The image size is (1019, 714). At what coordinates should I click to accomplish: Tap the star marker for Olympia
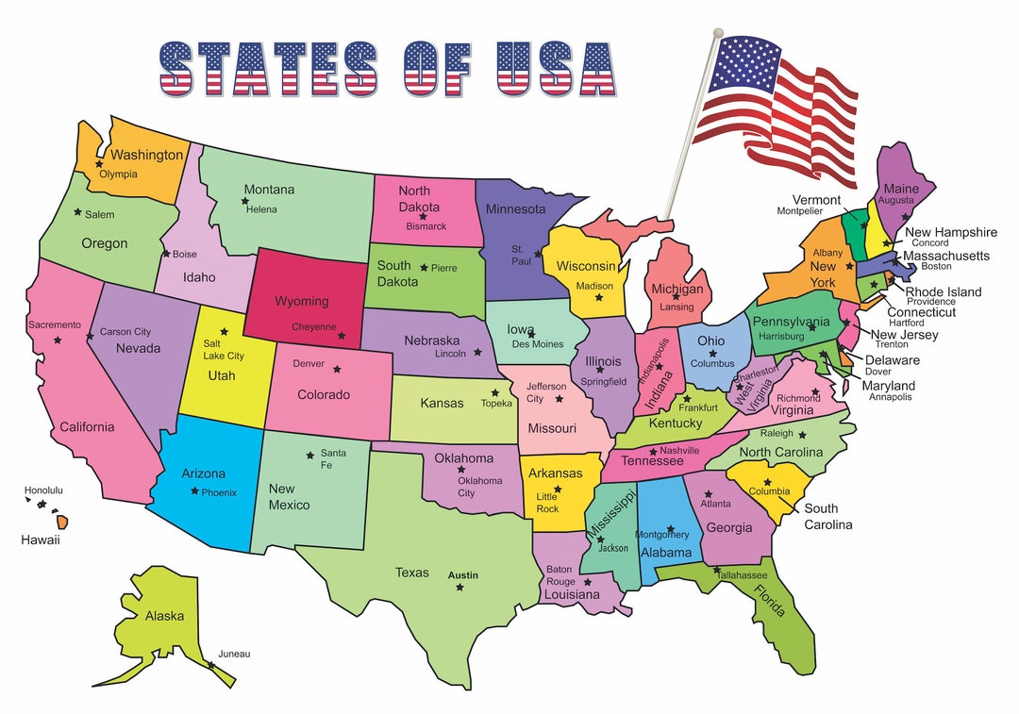click(x=99, y=164)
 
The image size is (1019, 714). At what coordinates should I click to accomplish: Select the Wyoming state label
click(x=302, y=302)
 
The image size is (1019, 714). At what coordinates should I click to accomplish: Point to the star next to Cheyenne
click(x=342, y=335)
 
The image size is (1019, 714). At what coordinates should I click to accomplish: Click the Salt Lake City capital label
click(x=224, y=350)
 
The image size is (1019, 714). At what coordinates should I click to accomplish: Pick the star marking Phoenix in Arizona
click(x=194, y=490)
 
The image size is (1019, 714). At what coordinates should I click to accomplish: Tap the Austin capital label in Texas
click(x=463, y=575)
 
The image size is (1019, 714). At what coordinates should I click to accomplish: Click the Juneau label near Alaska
click(x=234, y=654)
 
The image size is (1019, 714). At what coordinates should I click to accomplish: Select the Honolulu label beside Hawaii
click(x=43, y=490)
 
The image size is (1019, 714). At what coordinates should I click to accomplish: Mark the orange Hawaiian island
click(x=62, y=521)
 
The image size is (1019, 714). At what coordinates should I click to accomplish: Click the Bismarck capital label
click(x=426, y=226)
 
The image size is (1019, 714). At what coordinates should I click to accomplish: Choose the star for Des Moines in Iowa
click(x=532, y=334)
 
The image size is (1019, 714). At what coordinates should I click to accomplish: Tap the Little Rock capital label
click(x=547, y=503)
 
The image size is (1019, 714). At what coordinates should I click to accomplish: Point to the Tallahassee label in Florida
click(x=743, y=575)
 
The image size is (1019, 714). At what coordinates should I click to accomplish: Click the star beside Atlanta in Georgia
click(x=708, y=493)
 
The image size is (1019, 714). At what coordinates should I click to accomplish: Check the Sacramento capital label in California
click(x=55, y=324)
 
